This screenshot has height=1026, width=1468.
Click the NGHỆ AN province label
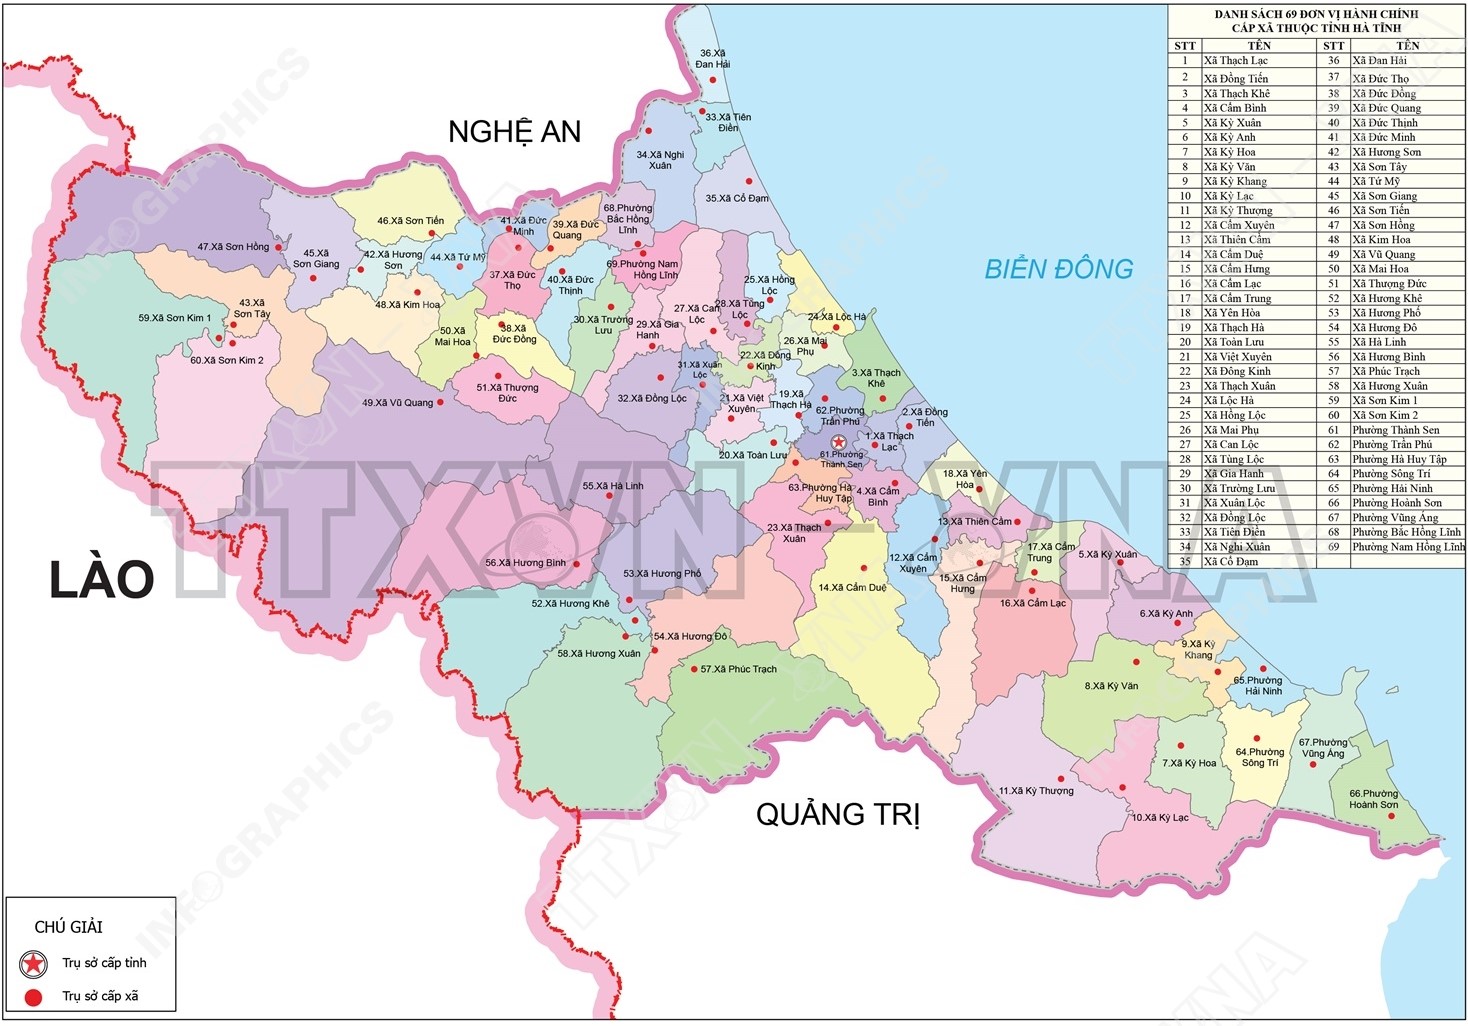coord(514,132)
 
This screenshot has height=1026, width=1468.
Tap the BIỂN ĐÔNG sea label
coord(1058,269)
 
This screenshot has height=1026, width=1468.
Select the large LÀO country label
coord(101,579)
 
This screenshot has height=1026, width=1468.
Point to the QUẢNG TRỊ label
coord(837,814)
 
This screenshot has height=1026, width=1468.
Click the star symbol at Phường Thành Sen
coord(839,442)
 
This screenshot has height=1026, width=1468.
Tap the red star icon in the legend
coord(34,963)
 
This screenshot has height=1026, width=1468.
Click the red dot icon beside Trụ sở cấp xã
coord(34,996)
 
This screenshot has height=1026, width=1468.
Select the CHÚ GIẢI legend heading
coord(68,927)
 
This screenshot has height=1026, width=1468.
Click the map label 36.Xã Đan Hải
coord(713,58)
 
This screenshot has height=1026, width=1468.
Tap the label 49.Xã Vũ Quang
coord(397,403)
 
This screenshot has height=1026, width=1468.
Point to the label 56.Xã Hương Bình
coord(525,563)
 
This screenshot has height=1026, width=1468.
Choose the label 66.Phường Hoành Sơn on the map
coord(1373,799)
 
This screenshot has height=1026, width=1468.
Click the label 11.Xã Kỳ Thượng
coord(1036,791)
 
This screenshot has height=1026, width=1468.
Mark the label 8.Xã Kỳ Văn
coord(1111,686)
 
